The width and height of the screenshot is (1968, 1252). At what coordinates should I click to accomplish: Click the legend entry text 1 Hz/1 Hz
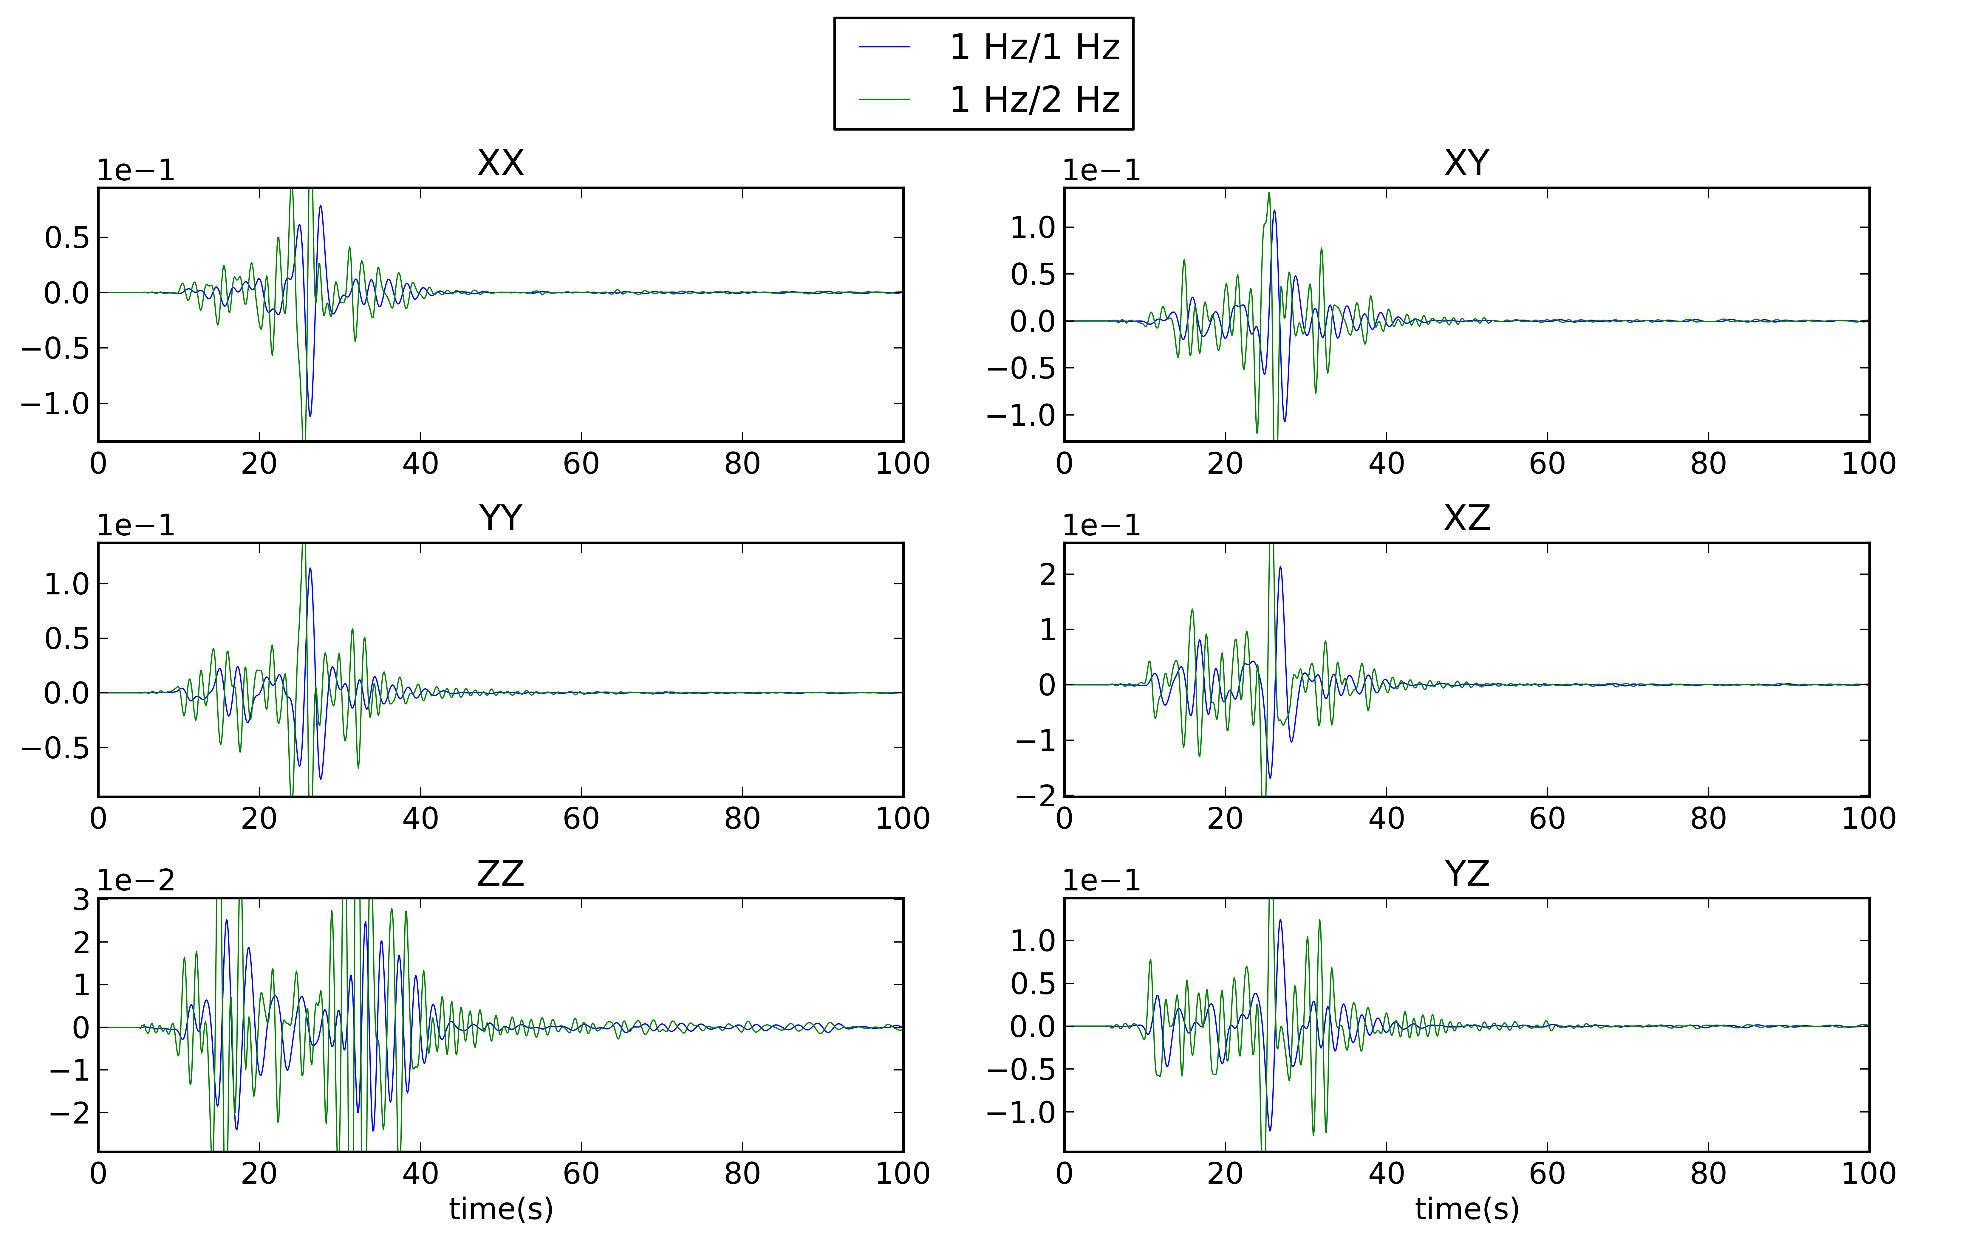[1034, 47]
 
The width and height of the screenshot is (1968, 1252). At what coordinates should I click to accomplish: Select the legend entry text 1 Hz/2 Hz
[1034, 100]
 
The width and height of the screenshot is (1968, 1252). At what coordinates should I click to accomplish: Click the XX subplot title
[500, 163]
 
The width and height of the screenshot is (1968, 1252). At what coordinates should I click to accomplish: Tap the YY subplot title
[500, 518]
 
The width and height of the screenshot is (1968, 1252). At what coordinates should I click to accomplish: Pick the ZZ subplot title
[500, 874]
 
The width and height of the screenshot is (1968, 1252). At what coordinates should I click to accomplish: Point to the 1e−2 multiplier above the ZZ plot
[136, 880]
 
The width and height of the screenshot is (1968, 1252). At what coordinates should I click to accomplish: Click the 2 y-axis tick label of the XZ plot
[1047, 574]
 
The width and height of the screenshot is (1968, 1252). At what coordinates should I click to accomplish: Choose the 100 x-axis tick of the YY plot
[902, 818]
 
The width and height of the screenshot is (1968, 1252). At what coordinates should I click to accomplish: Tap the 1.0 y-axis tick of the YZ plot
[1033, 940]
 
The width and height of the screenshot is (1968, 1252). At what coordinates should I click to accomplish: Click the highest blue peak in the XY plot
[1274, 211]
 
